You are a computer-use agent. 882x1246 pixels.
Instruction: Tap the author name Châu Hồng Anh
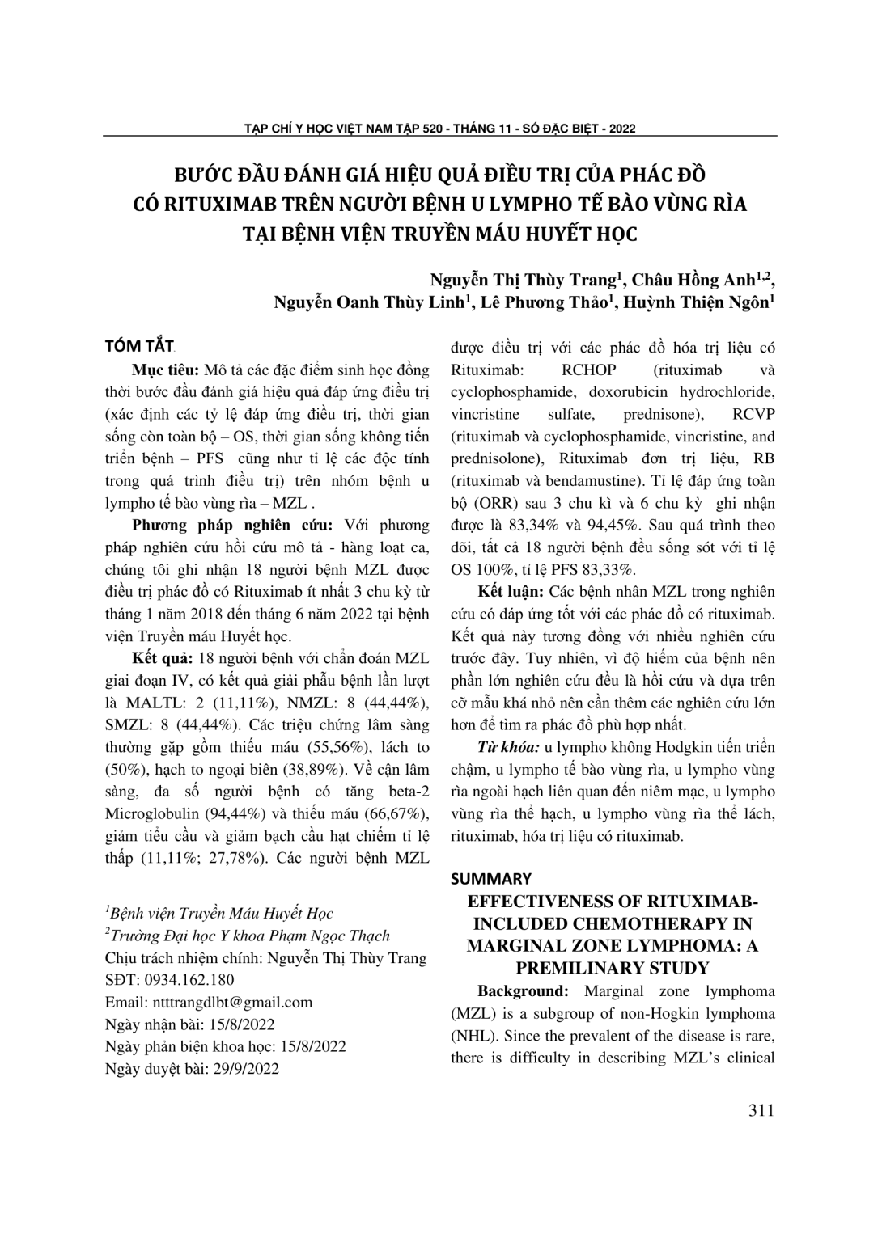[x=693, y=281]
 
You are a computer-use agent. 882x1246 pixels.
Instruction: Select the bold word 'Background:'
[x=524, y=991]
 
